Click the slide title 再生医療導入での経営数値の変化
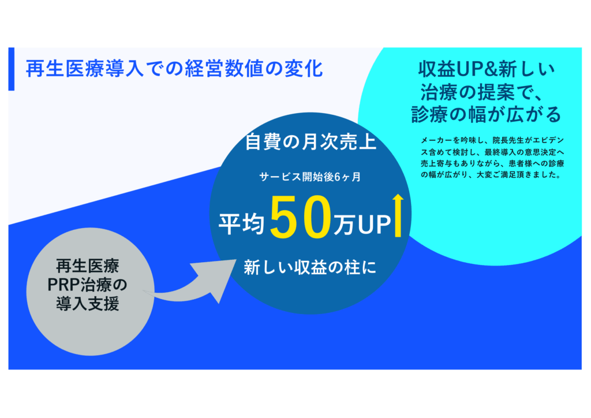(x=174, y=69)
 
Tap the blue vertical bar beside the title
(x=12, y=69)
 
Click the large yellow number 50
(x=300, y=217)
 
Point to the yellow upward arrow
(x=398, y=215)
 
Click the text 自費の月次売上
(x=311, y=142)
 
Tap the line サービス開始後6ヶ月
(x=310, y=177)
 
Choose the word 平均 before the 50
(x=241, y=224)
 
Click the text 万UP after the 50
(x=362, y=225)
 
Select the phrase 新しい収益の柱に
(x=310, y=268)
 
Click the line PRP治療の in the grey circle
(x=88, y=285)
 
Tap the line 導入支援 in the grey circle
(x=88, y=304)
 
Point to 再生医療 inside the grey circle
(x=88, y=266)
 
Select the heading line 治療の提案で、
(x=483, y=92)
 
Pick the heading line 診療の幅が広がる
(x=487, y=114)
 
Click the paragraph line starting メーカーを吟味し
(x=492, y=140)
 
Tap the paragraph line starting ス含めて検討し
(x=492, y=152)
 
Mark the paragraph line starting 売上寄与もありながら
(x=492, y=163)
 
